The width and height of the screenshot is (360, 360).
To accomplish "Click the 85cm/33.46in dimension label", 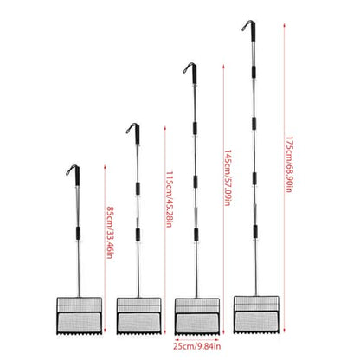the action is tap(110, 232).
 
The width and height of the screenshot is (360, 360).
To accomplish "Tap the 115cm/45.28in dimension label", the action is tap(170, 199).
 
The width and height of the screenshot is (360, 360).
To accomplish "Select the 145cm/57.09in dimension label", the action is tap(228, 177).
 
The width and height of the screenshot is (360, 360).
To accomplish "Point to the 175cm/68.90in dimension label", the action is tap(289, 164).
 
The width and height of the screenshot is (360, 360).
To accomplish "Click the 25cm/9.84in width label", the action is tap(197, 346).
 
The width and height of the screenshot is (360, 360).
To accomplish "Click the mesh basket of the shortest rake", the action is tap(80, 315).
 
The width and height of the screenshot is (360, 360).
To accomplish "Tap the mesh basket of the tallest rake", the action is tap(256, 314).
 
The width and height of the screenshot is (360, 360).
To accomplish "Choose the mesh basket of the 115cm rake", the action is tap(138, 316).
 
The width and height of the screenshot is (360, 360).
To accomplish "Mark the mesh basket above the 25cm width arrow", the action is tap(197, 316).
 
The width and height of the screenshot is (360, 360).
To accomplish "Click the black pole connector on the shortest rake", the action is tap(78, 233).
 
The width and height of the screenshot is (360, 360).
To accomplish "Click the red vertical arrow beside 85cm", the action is tap(105, 248).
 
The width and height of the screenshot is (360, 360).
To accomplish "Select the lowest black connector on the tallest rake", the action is tap(255, 232).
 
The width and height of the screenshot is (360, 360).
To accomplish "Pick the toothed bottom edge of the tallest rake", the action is tap(256, 332).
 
